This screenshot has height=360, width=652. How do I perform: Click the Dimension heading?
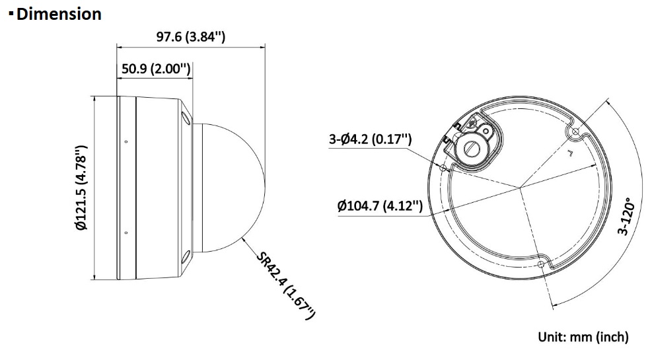click(x=59, y=14)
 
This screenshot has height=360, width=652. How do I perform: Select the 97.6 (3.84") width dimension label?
click(x=191, y=37)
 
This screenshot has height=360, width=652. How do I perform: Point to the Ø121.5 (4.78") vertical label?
click(x=82, y=187)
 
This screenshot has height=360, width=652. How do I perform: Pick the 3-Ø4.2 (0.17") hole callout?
click(x=371, y=139)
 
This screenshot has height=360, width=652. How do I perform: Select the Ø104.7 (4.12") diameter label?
click(x=380, y=206)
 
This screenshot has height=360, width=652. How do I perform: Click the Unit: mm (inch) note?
click(x=583, y=336)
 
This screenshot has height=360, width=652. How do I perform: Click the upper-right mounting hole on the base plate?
click(x=575, y=131)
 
